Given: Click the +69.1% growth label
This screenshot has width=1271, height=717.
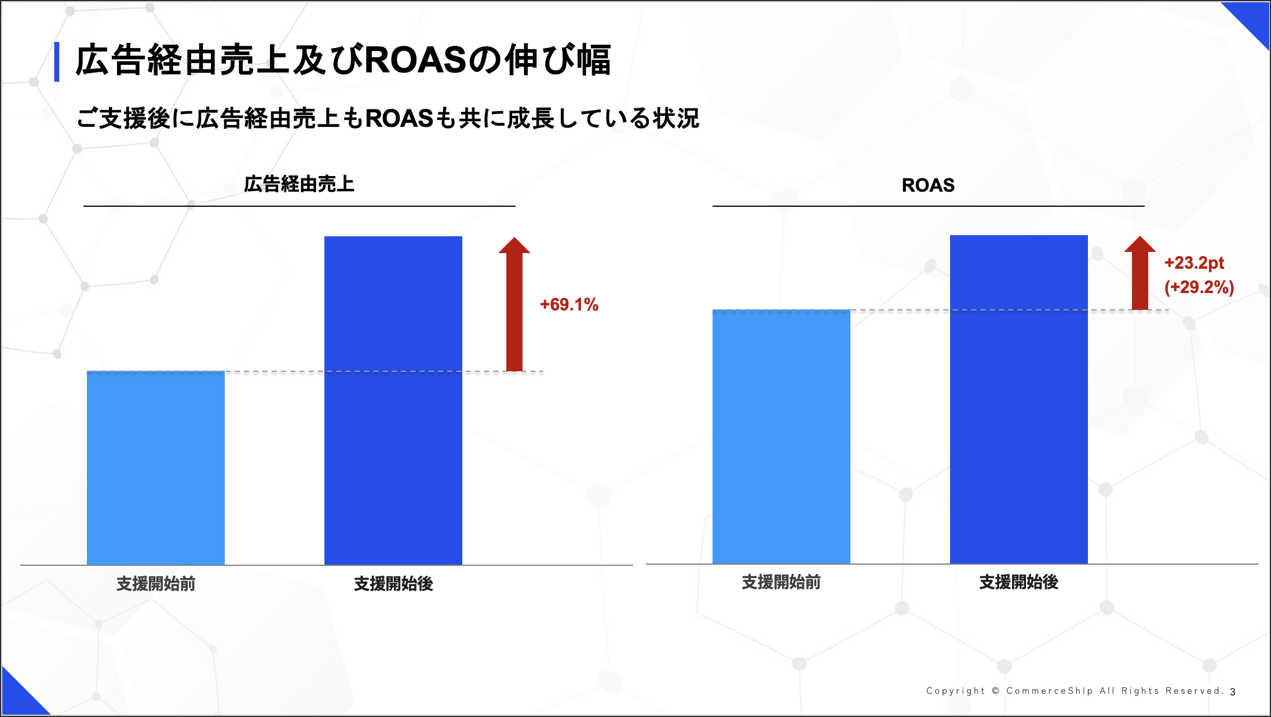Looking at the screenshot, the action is tap(569, 305).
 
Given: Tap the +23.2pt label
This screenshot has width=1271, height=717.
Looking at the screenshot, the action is tap(1194, 263).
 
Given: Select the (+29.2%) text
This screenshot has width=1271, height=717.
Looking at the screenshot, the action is tap(1199, 287).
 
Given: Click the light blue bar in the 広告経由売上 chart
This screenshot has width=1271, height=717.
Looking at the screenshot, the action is tap(156, 468).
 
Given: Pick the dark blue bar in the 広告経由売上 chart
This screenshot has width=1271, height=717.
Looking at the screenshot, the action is tap(393, 400).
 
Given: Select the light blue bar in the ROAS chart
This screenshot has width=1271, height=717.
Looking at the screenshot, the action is tap(781, 437).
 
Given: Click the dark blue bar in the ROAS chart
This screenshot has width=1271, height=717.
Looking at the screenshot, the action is tap(1019, 399).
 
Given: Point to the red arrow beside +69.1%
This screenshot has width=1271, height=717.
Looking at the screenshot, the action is tap(514, 304).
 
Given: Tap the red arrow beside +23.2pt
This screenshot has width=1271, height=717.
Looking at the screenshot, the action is tap(1140, 273).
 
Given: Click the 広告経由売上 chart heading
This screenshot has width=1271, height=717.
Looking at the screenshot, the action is tap(299, 184).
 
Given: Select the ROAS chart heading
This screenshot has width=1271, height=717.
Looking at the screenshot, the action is tap(928, 185).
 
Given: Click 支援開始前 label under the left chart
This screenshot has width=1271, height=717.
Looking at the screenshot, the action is tap(156, 584).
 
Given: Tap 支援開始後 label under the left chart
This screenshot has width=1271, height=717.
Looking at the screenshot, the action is tap(393, 584).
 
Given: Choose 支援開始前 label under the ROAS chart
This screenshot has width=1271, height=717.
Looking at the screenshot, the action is tap(781, 582).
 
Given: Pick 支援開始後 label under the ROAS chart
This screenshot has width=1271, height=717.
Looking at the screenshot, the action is tap(1019, 582).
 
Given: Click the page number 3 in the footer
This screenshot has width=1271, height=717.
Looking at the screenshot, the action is tap(1233, 692).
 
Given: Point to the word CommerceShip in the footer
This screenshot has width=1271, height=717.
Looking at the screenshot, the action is tap(1050, 691).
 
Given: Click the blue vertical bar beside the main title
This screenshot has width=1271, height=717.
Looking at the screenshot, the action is tap(57, 62).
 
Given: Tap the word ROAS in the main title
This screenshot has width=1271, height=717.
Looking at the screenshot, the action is tap(415, 60).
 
